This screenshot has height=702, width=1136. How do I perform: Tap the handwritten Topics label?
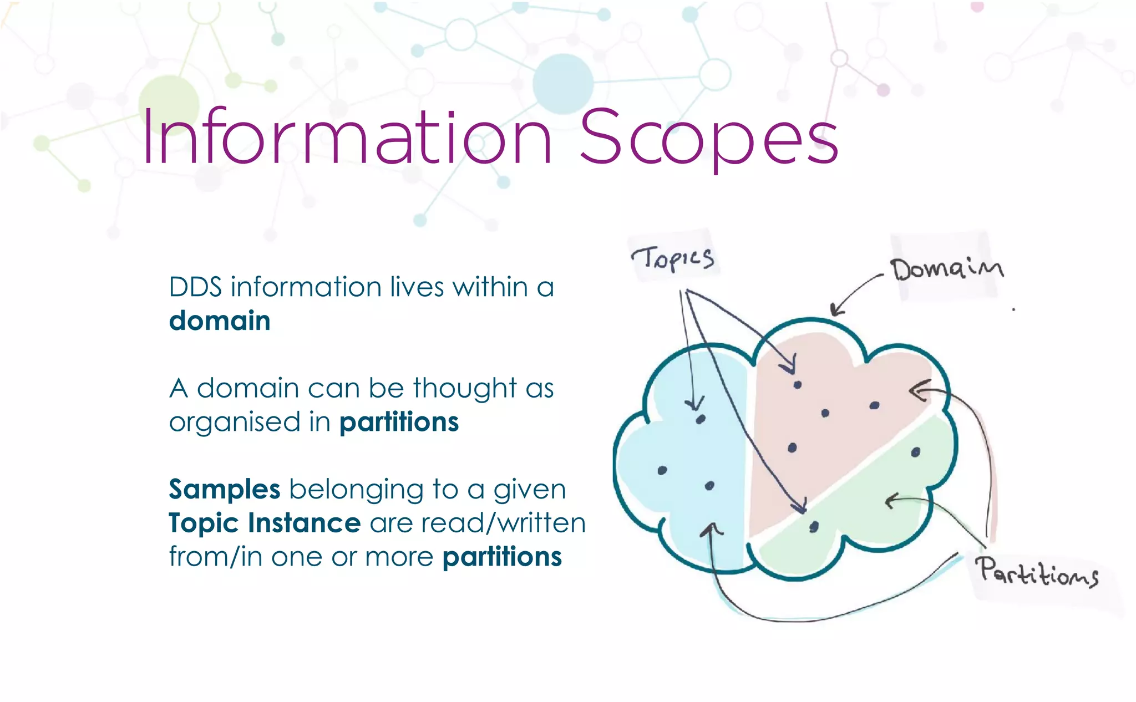tap(673, 258)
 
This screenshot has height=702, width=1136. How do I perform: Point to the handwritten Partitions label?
tap(1037, 572)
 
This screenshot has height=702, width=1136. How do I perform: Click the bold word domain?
tap(220, 321)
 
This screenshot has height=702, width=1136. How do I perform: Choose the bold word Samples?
tap(225, 490)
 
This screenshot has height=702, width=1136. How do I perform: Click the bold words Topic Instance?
tap(265, 523)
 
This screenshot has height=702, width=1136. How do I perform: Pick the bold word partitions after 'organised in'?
tap(399, 423)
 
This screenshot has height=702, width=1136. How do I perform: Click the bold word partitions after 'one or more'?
tap(502, 557)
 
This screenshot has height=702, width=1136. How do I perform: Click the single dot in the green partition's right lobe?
tap(915, 452)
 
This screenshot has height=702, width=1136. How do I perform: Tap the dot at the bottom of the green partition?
tap(814, 527)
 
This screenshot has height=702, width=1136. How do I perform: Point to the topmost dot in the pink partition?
tap(797, 385)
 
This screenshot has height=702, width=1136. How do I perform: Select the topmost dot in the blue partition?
tap(701, 419)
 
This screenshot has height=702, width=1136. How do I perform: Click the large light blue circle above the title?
tap(562, 84)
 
